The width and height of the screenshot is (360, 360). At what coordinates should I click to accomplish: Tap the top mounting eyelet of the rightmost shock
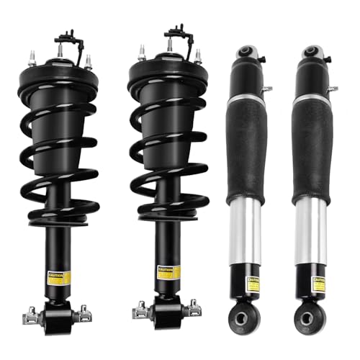click(311, 52)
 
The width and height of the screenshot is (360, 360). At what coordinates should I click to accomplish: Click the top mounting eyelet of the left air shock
click(248, 52)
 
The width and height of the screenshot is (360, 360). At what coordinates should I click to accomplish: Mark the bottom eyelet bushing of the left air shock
click(249, 318)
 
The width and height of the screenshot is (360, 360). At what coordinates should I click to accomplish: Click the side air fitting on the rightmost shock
click(332, 89)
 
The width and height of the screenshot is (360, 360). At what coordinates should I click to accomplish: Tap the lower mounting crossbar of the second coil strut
click(165, 311)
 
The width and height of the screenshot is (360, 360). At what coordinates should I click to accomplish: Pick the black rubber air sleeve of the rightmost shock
click(312, 144)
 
